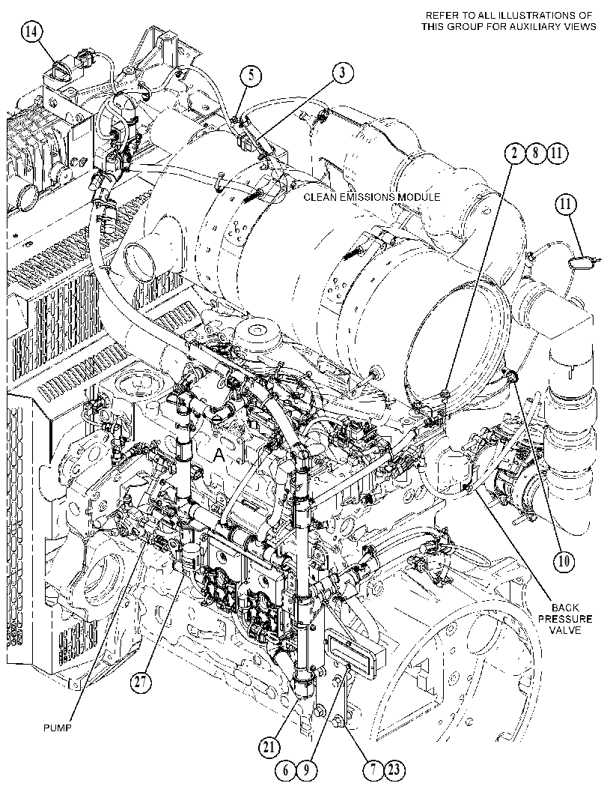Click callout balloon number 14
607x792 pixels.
(31, 31)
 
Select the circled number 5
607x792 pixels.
(251, 76)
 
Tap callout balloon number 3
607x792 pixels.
(343, 73)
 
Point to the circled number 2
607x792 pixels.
(514, 154)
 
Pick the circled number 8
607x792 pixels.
(535, 154)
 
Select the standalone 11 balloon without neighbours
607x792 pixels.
(567, 205)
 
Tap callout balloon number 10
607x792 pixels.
(564, 560)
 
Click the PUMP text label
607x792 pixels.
(57, 728)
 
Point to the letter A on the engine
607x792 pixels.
(219, 456)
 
